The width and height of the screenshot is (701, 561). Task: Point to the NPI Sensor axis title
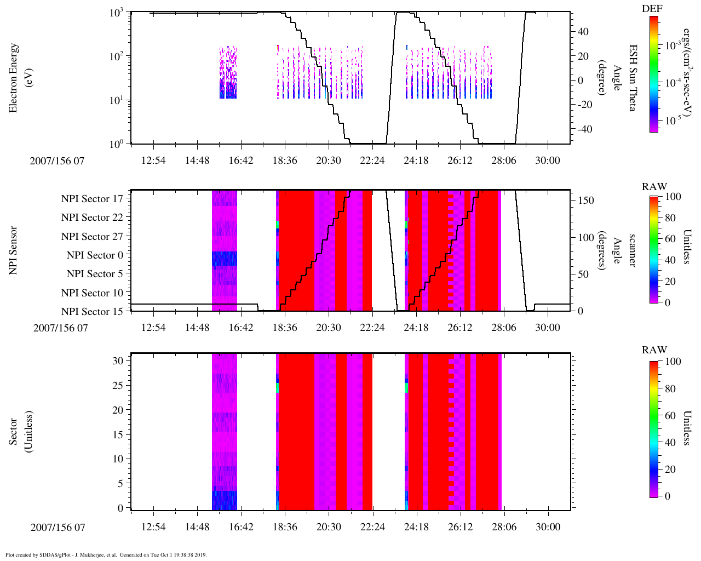click(13, 250)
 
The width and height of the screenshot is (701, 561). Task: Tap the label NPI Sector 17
click(93, 199)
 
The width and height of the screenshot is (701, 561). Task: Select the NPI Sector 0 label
click(95, 255)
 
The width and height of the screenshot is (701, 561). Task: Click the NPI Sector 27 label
click(93, 237)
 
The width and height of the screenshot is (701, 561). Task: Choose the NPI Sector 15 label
click(93, 312)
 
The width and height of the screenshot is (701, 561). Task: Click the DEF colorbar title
click(652, 9)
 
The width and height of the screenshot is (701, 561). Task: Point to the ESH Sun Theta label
click(633, 78)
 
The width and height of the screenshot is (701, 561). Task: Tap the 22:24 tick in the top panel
click(372, 160)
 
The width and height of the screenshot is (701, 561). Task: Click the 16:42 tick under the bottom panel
click(241, 527)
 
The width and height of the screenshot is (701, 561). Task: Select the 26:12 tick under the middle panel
click(460, 328)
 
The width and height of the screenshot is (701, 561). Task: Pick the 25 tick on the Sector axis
click(119, 386)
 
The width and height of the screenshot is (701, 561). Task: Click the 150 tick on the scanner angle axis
click(586, 201)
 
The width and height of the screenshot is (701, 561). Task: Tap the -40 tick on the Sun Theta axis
click(583, 129)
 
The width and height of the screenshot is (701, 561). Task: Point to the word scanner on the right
click(633, 250)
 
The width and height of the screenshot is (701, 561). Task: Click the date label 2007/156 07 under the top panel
click(58, 161)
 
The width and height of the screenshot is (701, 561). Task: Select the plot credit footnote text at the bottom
click(106, 554)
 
